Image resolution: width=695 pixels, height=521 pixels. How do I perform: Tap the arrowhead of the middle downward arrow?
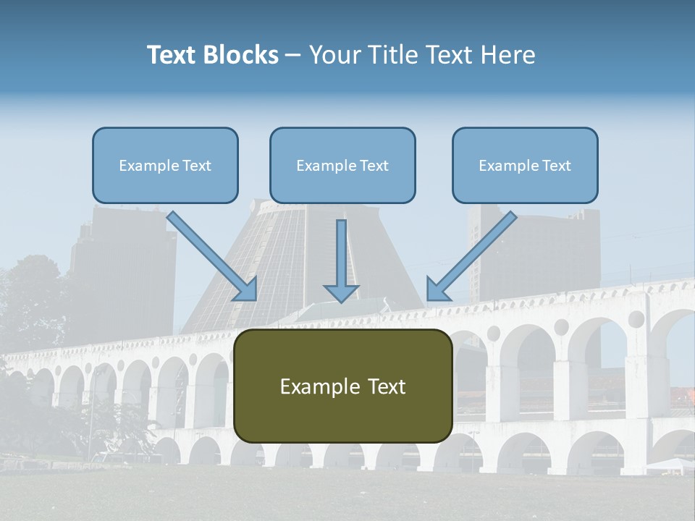[341, 292]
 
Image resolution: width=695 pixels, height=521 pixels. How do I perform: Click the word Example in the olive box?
[313, 386]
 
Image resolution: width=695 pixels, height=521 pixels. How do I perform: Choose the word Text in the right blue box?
[556, 166]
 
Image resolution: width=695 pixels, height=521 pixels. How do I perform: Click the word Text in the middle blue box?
[374, 166]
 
